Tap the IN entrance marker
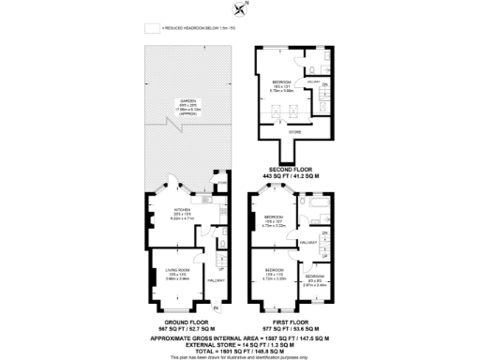[x=216, y=307]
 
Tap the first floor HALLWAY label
[x=310, y=241]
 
